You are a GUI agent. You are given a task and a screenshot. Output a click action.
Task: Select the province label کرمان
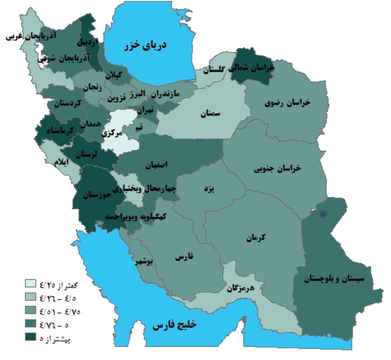point(257,238)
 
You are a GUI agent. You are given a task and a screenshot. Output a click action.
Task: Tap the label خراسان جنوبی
point(277,168)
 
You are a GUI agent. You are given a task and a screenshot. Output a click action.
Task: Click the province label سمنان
point(210,114)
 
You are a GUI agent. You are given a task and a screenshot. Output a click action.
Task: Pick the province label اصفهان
point(157,165)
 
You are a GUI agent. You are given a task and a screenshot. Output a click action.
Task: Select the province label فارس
point(183,258)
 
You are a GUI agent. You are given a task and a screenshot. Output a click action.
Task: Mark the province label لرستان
point(90,154)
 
